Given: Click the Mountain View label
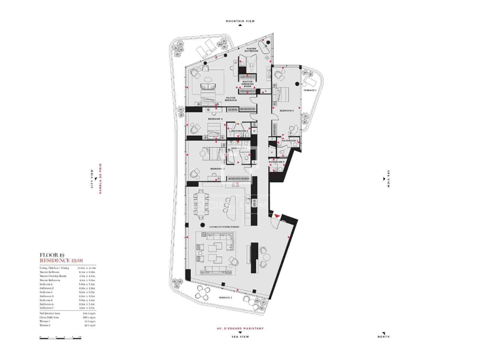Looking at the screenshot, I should tap(240, 21).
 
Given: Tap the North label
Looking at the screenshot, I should tap(383, 337).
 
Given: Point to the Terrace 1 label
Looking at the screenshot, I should tap(310, 90).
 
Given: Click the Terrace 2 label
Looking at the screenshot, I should tap(225, 298).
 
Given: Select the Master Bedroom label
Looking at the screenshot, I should tap(231, 99).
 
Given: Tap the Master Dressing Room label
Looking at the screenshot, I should tap(247, 84).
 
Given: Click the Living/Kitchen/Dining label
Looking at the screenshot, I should tap(222, 227).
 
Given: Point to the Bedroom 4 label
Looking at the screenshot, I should tap(215, 119).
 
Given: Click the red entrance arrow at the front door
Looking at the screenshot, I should tap(277, 216).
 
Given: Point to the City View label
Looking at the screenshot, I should tap(92, 179).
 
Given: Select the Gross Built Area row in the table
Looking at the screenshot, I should tap(67, 317).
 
